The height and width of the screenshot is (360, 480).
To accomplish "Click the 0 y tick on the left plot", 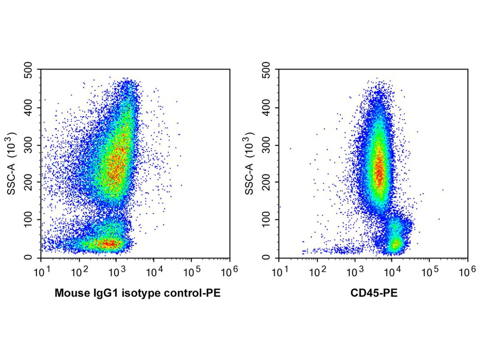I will coord(34,257).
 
